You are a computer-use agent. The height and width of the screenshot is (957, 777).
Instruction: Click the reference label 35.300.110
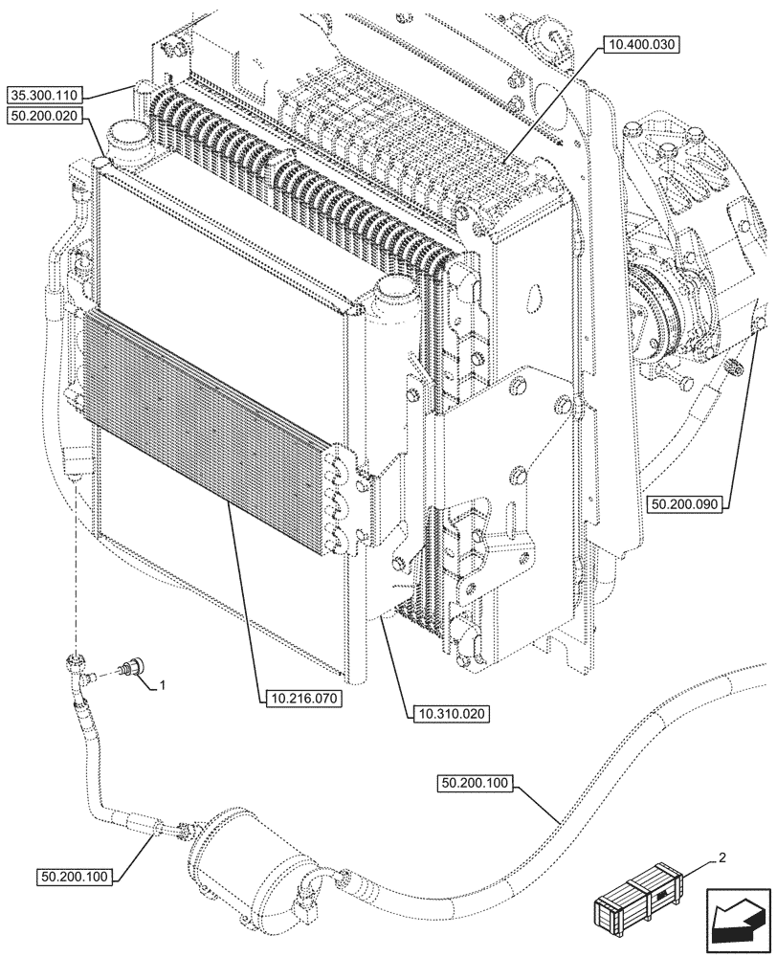coord(46,95)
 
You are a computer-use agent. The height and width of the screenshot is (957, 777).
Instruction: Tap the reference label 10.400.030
coord(640,45)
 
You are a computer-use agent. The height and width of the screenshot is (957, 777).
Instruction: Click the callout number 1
coord(163,685)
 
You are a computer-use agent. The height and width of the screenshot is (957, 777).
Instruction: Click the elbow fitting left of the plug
coord(78,666)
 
